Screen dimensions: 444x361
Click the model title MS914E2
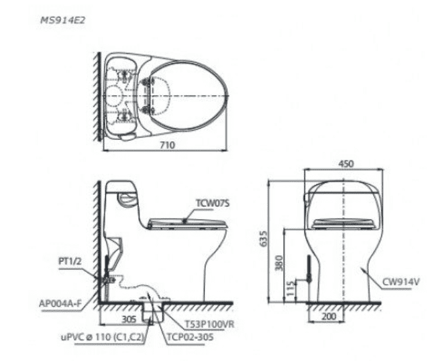point(62,20)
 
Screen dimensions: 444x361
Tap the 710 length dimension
point(168,145)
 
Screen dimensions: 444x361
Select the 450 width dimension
point(345,164)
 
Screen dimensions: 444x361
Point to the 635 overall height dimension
point(263,238)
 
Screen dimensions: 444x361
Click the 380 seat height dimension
point(279,263)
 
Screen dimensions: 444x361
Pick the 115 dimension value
point(290,289)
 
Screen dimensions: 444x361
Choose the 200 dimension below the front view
point(329,316)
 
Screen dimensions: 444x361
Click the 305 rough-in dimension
point(129,319)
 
